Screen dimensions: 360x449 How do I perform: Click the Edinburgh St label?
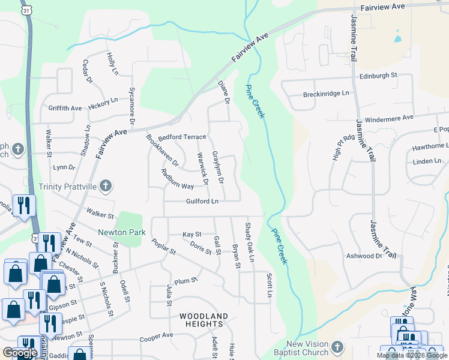point(379,76)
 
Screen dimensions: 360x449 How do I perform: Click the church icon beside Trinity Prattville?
point(106,185)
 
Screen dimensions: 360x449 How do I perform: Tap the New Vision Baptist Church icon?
point(337,347)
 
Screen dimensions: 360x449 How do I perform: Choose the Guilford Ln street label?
point(202,202)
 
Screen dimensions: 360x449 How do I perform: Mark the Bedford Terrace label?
point(182,137)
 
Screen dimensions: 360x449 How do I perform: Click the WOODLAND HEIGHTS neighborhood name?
point(204,320)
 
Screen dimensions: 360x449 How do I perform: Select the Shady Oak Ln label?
point(249,242)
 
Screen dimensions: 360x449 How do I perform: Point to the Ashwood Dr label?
point(364,256)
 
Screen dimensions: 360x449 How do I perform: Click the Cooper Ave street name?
point(156,335)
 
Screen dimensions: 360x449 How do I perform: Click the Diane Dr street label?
point(224,92)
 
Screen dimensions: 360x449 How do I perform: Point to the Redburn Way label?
point(177,179)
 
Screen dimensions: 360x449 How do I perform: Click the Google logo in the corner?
point(20,353)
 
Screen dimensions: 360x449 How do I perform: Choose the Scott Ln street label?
point(270,286)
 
